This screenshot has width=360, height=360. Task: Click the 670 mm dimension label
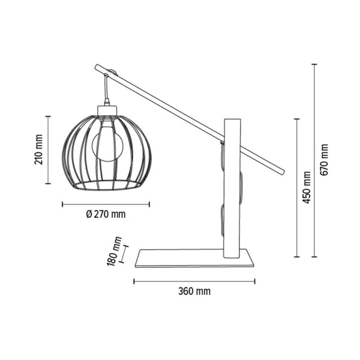click(325, 160)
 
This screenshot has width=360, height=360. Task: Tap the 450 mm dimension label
click(308, 187)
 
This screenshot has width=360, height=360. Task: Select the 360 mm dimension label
click(194, 292)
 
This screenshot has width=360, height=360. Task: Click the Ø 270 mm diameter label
click(106, 214)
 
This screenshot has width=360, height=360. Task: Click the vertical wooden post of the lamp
click(232, 198)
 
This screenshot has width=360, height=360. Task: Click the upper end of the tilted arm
click(99, 68)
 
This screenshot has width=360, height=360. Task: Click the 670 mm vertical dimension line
click(314, 160)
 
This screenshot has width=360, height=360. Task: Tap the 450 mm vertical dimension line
click(297, 187)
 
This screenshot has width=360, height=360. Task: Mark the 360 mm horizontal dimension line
click(194, 280)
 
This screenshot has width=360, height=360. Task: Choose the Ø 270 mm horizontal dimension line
click(106, 204)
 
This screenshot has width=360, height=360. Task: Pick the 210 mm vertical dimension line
click(49, 149)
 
